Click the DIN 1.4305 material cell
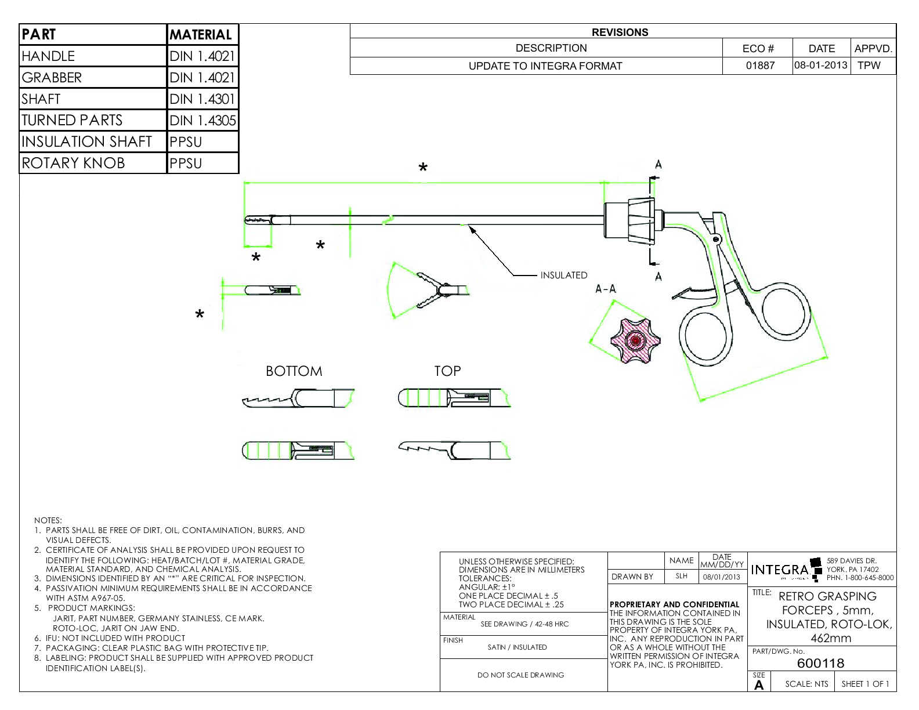(202, 121)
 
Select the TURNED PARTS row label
(72, 121)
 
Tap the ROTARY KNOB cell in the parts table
(73, 163)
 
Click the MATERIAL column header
(201, 35)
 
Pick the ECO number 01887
(760, 66)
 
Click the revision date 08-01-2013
(820, 65)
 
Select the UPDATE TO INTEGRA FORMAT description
(545, 66)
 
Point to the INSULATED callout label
(563, 275)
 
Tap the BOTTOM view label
(294, 371)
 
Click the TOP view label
(447, 371)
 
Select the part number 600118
(820, 663)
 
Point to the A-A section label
(605, 289)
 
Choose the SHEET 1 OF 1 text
(865, 684)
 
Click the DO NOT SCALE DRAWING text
(520, 675)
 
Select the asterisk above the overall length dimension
(423, 168)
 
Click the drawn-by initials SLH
(681, 577)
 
